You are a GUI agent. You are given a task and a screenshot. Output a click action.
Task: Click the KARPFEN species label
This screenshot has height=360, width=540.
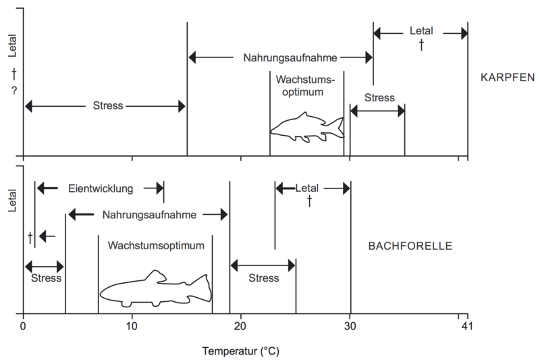[x=508, y=77]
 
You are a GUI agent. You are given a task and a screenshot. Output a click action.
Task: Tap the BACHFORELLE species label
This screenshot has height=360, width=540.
[x=410, y=246]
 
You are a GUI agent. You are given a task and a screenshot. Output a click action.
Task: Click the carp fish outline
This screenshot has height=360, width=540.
[x=307, y=128]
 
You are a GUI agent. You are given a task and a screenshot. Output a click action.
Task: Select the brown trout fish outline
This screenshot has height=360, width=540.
[x=156, y=289]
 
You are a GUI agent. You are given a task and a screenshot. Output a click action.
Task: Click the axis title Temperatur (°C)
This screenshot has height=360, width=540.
[x=241, y=351]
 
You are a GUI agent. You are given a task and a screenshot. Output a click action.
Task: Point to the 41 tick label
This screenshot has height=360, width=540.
[x=467, y=326]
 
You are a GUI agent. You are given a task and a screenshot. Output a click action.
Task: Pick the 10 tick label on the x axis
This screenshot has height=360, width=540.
[x=132, y=326]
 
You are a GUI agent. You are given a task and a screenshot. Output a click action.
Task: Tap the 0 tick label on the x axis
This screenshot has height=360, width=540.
[x=23, y=326]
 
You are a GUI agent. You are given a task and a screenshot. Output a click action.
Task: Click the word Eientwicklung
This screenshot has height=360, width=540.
[x=101, y=189]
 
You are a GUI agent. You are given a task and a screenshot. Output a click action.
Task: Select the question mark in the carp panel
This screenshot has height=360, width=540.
[x=14, y=91]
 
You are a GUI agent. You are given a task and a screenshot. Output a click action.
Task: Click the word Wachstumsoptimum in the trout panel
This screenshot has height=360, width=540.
[x=156, y=246]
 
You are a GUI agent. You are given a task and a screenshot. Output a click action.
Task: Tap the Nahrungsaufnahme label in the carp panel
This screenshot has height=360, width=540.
[x=290, y=58]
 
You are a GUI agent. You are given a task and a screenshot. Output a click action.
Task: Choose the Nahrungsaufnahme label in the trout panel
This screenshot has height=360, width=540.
[x=149, y=215]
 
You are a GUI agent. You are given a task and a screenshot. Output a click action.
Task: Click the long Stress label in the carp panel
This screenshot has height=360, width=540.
[x=108, y=105]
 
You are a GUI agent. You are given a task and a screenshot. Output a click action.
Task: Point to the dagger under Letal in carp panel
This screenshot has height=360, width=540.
[x=421, y=45]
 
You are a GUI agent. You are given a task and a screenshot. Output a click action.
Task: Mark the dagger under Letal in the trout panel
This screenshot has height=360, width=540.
[x=309, y=201]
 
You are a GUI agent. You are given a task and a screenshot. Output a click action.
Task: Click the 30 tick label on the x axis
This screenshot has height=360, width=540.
[x=350, y=326]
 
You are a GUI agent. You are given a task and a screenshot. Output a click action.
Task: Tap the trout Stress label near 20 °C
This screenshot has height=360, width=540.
[x=264, y=278]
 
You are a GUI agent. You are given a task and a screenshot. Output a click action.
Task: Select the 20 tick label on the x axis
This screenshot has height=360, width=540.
[x=240, y=326]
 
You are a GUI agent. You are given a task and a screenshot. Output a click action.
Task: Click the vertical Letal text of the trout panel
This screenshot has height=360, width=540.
[x=12, y=200]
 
